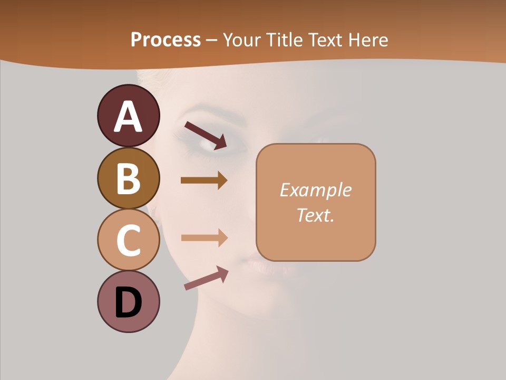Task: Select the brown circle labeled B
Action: (x=128, y=178)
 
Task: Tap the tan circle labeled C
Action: (x=128, y=240)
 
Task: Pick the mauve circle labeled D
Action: (x=128, y=301)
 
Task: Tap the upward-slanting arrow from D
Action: (x=206, y=278)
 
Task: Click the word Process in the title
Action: (x=166, y=40)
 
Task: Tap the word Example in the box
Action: (x=315, y=190)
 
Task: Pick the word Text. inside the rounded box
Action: (x=315, y=215)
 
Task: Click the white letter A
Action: (x=128, y=117)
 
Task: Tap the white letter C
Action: (x=128, y=241)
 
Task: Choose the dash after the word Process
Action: (x=212, y=40)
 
